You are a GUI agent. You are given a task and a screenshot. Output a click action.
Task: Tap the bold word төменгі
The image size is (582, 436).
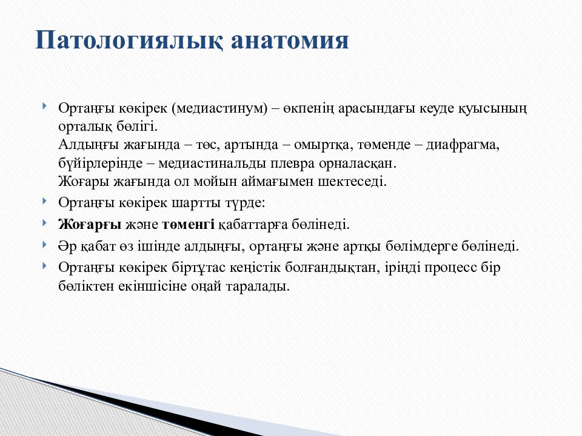[x=188, y=225]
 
